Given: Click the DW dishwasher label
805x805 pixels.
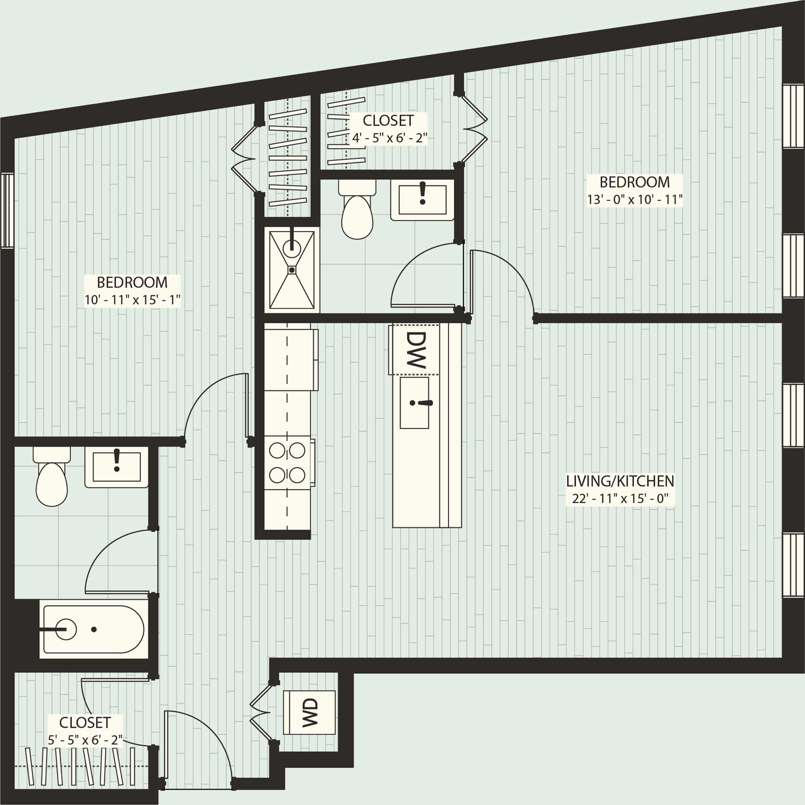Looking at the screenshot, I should (x=416, y=350).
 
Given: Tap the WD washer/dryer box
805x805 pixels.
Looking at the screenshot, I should (x=309, y=713).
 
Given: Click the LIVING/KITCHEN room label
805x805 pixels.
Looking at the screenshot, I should (x=619, y=481).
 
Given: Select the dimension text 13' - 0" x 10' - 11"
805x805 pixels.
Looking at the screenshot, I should (x=635, y=200).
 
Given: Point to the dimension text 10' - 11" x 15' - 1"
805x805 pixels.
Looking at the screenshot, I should (x=132, y=300).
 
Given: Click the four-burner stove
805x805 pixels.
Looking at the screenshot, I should (x=287, y=463).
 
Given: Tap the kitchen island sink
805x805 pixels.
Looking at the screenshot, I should (x=414, y=403).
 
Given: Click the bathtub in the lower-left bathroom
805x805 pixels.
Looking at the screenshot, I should (x=94, y=629).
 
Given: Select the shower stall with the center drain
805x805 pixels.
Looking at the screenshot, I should (x=292, y=270).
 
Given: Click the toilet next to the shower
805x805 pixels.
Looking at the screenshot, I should (x=357, y=211).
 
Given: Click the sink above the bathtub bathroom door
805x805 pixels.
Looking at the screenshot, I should (x=117, y=467).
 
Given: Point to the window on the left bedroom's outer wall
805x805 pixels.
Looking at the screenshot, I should (x=7, y=211).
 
